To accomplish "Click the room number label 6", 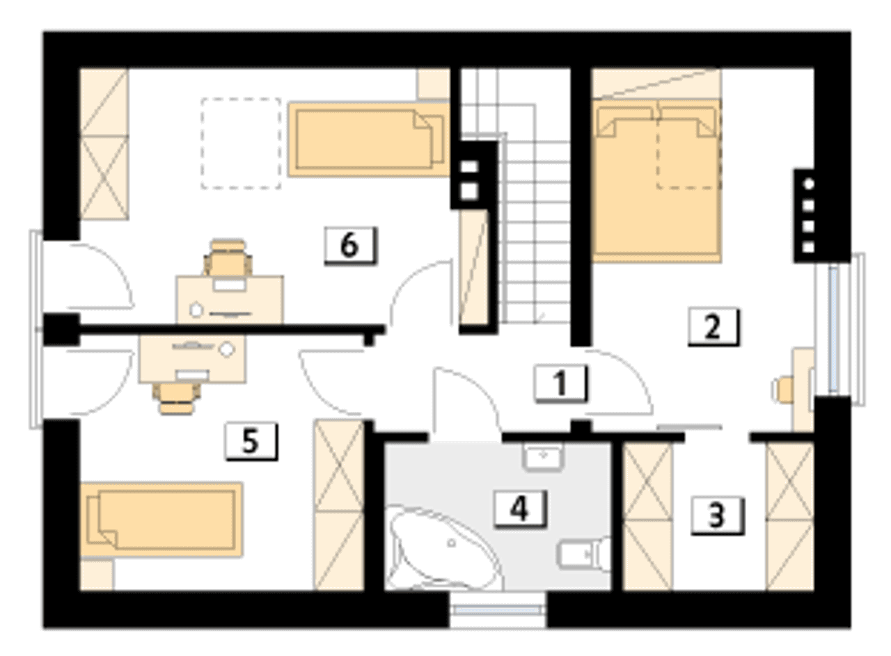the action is click(350, 246).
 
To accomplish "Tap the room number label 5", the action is click(251, 441).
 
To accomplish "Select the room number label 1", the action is click(560, 384).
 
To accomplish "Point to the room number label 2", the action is click(713, 327).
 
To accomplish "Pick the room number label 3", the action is click(717, 515).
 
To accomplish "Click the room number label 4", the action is click(520, 509).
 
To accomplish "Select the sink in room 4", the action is click(543, 457).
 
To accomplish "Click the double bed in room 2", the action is click(656, 181).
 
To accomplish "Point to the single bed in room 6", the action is click(369, 139).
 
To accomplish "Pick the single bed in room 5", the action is click(161, 520).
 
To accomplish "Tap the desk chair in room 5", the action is click(177, 399).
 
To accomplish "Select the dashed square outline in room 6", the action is click(241, 143).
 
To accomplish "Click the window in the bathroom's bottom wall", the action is click(497, 611).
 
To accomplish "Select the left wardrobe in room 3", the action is click(648, 516).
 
